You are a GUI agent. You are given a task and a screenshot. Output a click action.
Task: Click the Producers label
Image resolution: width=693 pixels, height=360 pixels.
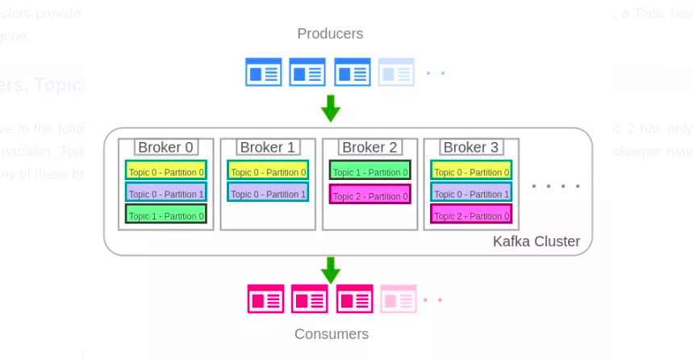[x=330, y=34]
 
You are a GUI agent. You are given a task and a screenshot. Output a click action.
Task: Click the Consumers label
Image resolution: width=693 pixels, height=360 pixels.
[x=331, y=334]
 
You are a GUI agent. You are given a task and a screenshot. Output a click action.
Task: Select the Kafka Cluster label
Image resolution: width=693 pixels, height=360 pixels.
[x=536, y=241]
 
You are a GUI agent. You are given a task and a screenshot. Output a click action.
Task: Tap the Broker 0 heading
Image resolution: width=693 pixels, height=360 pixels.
[x=165, y=148]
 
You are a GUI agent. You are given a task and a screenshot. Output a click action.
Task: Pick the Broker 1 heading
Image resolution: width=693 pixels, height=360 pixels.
[x=268, y=148]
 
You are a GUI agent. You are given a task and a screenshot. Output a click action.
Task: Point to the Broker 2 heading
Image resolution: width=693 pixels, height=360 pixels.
[x=369, y=148]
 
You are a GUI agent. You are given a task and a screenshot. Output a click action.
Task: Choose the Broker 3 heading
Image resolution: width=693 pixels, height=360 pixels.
[x=471, y=148]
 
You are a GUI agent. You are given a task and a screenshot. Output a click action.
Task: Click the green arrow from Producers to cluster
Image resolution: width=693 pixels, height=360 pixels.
[x=330, y=108]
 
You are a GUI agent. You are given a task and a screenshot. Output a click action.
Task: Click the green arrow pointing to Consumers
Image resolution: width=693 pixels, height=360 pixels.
[x=330, y=270]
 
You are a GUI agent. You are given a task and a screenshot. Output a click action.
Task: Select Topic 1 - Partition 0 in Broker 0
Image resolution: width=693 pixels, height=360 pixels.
[x=166, y=215]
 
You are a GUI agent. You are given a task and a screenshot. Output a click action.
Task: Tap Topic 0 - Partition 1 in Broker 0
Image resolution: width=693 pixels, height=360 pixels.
[x=166, y=193]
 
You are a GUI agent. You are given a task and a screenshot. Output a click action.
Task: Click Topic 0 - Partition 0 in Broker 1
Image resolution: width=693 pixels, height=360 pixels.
[x=268, y=171]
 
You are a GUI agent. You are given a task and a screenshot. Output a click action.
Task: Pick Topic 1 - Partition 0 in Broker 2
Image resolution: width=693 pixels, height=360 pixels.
[x=369, y=171]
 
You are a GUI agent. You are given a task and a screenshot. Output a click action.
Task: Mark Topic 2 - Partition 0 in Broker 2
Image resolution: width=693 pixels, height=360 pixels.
[x=369, y=195]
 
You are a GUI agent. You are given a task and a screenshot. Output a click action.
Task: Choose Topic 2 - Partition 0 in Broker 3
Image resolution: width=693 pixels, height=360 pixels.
[x=471, y=215]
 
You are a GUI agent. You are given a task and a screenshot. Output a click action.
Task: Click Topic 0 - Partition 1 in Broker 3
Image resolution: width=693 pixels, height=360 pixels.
[x=471, y=193]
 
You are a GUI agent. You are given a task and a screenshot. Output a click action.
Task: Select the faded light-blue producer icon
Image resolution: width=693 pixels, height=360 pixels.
[x=396, y=73]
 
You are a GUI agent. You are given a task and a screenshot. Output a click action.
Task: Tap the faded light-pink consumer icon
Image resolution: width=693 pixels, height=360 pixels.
[x=399, y=299]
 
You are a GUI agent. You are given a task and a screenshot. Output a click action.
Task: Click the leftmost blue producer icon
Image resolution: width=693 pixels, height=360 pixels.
[x=264, y=73]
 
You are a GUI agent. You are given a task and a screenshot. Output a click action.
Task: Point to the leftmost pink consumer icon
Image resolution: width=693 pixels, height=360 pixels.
[x=265, y=299]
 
